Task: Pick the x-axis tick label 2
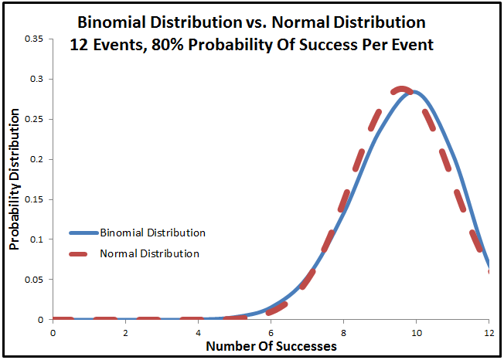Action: [x=125, y=332]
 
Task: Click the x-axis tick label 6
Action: [x=271, y=332]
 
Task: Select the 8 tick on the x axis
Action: [x=343, y=332]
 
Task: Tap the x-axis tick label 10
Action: [x=416, y=332]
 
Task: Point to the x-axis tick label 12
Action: [x=488, y=332]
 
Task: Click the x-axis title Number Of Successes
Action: [x=271, y=346]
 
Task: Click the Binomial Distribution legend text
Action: [x=153, y=232]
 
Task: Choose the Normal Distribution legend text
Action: [x=150, y=253]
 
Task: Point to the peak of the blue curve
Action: [x=415, y=92]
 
